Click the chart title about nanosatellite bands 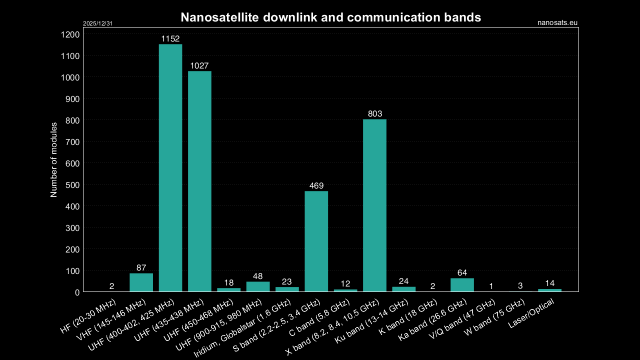[330, 17]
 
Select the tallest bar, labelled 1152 [170, 167]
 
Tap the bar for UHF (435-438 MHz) [199, 181]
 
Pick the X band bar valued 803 [374, 205]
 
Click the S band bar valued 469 [316, 241]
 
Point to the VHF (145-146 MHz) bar [141, 282]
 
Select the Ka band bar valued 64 [462, 285]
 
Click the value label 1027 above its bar [199, 65]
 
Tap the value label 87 [141, 268]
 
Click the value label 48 [257, 276]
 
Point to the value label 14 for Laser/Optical [549, 283]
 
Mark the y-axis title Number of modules [54, 159]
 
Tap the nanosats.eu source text [557, 22]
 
